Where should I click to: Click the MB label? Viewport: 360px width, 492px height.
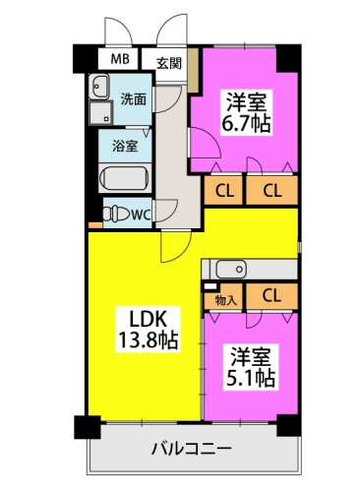coord(120,59)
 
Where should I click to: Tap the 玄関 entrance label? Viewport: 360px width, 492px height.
coord(169,63)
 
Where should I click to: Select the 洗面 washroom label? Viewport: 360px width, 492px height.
coord(134,99)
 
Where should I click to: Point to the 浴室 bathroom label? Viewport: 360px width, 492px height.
coord(125,146)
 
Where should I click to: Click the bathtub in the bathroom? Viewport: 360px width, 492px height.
coord(124,178)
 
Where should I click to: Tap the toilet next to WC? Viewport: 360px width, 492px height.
coord(116,215)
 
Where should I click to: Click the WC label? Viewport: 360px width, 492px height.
coord(141,215)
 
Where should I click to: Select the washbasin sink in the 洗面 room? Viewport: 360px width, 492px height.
coord(98,87)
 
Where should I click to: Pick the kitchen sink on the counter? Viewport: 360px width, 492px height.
coord(231,269)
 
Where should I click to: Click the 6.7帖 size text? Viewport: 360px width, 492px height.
coord(246,124)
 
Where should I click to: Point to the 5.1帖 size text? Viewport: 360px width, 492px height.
coord(250,379)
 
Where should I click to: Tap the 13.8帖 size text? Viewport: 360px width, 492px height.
coord(149,339)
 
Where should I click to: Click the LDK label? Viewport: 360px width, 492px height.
coord(149,319)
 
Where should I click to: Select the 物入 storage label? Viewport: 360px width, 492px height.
coord(226,300)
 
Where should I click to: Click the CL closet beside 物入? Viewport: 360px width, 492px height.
coord(271,296)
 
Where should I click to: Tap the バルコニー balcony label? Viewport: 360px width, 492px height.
coord(192,448)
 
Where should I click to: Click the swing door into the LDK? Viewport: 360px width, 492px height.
coord(175,246)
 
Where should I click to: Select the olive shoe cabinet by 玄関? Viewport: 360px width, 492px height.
coord(193,70)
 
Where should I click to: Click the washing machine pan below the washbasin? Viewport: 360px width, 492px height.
coord(101,112)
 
